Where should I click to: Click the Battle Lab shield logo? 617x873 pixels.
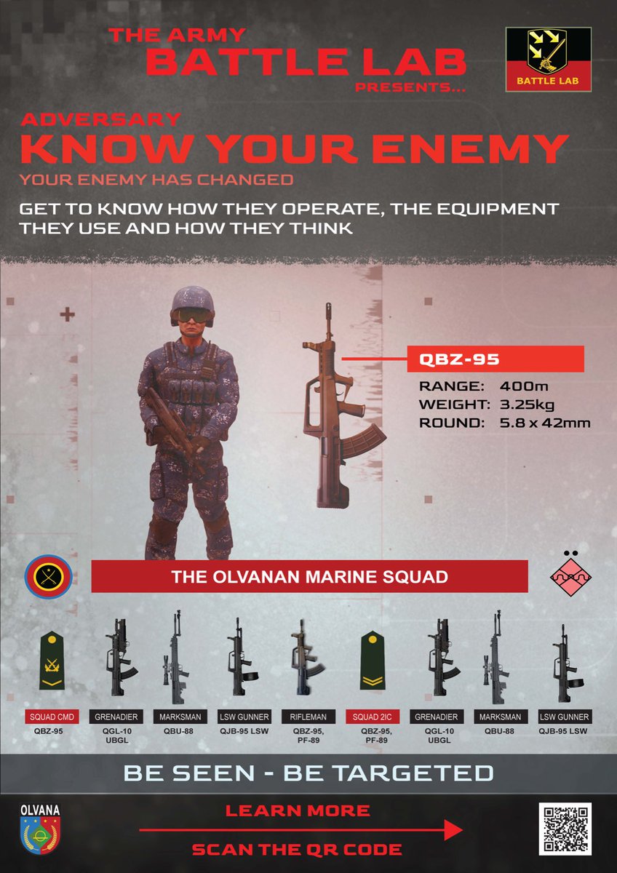click(x=549, y=60)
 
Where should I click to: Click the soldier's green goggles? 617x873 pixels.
click(x=192, y=314)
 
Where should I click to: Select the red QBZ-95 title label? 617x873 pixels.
click(x=495, y=359)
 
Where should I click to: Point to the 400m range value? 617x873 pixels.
click(x=524, y=386)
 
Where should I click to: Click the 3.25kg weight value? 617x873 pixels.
click(x=527, y=405)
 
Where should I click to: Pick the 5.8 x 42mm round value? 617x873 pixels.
click(x=545, y=423)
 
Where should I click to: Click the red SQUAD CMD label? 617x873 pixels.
click(x=52, y=717)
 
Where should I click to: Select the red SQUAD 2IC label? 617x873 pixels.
click(x=373, y=717)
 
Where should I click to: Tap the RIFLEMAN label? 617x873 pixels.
click(x=308, y=717)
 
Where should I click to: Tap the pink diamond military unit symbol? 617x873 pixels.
click(x=570, y=577)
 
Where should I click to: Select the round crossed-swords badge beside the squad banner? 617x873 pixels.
click(x=48, y=576)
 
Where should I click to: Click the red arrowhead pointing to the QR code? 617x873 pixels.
click(x=454, y=830)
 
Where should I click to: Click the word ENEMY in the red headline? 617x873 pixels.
click(x=471, y=150)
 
